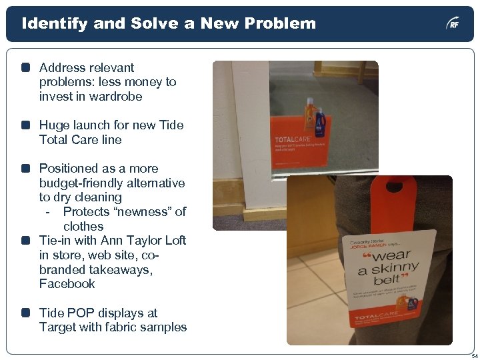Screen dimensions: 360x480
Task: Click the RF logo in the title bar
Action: coord(453,24)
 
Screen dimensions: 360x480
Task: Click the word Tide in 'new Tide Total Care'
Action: coord(169,125)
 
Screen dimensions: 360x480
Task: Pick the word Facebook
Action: coord(67,283)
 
